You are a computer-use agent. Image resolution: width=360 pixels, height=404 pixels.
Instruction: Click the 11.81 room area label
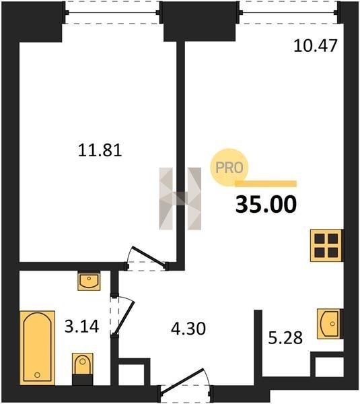(100, 150)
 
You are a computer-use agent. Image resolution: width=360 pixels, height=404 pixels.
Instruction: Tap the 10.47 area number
(316, 46)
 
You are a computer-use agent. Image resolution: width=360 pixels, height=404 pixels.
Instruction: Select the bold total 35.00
(266, 204)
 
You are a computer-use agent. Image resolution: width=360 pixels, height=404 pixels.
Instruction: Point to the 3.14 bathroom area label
(81, 327)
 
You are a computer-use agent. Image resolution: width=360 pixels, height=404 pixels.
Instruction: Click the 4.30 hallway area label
(188, 329)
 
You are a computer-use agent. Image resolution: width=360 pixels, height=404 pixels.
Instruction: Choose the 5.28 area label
(285, 338)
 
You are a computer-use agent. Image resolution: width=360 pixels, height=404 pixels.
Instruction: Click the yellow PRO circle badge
(229, 168)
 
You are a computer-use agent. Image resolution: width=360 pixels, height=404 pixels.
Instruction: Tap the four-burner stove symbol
(326, 245)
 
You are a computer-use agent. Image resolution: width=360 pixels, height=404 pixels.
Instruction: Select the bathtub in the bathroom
(37, 348)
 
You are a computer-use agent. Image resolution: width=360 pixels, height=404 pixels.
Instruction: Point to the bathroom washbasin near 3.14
(89, 281)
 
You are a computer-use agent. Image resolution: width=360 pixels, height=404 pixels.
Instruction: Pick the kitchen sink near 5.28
(330, 324)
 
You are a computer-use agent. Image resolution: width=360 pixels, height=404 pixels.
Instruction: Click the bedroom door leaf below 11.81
(149, 256)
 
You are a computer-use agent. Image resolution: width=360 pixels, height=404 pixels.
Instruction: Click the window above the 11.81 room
(112, 12)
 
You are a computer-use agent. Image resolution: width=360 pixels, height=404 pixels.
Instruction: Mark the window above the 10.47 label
(288, 12)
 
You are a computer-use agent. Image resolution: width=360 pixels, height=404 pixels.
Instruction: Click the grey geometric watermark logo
(180, 199)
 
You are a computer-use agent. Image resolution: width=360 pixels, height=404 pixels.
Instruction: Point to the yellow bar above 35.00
(266, 183)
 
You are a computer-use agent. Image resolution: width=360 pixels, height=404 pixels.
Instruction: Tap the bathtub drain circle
(37, 374)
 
